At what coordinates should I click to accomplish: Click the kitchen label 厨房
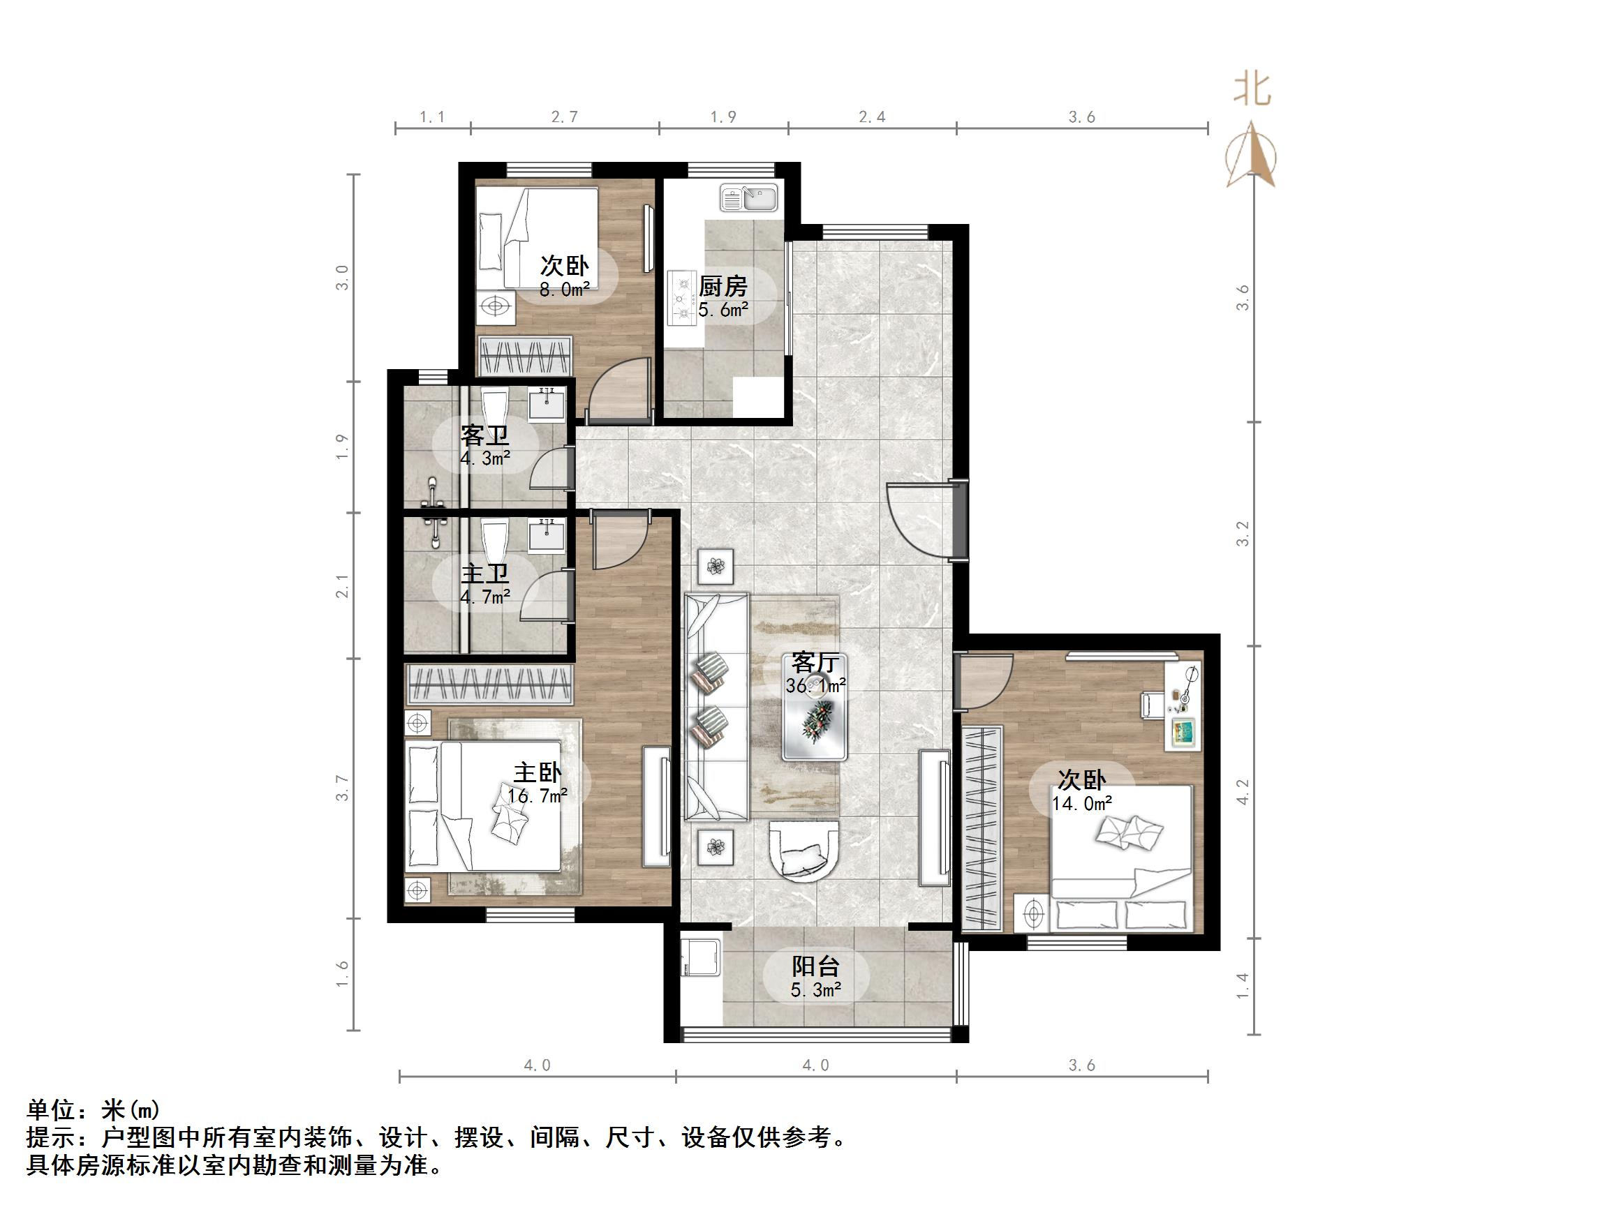pyautogui.click(x=722, y=286)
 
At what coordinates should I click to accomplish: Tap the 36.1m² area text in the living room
pyautogui.click(x=815, y=685)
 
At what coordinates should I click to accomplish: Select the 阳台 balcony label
pyautogui.click(x=815, y=966)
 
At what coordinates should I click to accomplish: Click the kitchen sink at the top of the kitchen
pyautogui.click(x=748, y=197)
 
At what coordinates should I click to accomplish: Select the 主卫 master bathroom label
pyautogui.click(x=484, y=574)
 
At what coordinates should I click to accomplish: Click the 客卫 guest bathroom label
pyautogui.click(x=484, y=435)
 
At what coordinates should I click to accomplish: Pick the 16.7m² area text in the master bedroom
pyautogui.click(x=538, y=796)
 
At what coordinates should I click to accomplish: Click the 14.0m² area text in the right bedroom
pyautogui.click(x=1082, y=803)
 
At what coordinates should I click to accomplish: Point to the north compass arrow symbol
pyautogui.click(x=1251, y=156)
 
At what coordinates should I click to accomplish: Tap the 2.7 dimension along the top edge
pyautogui.click(x=565, y=117)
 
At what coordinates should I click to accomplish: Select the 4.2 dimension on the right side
pyautogui.click(x=1243, y=792)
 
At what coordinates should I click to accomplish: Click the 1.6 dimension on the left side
pyautogui.click(x=342, y=973)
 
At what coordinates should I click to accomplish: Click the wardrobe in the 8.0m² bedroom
pyautogui.click(x=524, y=356)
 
